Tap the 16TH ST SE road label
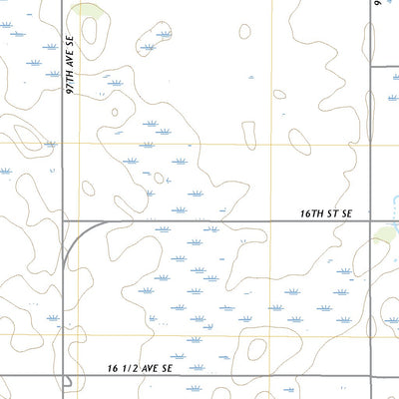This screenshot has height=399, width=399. coord(327,213)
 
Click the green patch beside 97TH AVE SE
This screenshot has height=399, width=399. coord(91,12)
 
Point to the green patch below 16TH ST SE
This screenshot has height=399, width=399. coord(385,235)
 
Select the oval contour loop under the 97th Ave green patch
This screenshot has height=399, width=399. coord(88,31)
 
